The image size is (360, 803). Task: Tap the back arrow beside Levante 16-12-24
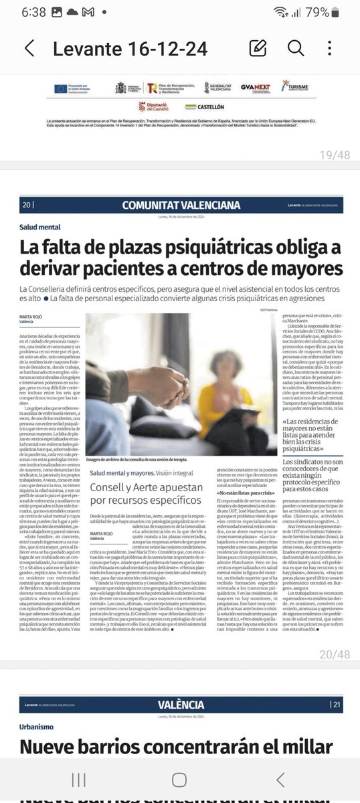(29, 48)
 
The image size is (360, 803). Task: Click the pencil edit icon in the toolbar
(258, 48)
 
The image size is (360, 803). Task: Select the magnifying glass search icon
(295, 48)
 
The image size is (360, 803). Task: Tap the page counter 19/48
(335, 155)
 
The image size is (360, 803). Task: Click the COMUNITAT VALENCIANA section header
(181, 205)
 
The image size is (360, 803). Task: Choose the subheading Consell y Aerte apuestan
(145, 486)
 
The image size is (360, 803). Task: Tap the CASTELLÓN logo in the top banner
(205, 106)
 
